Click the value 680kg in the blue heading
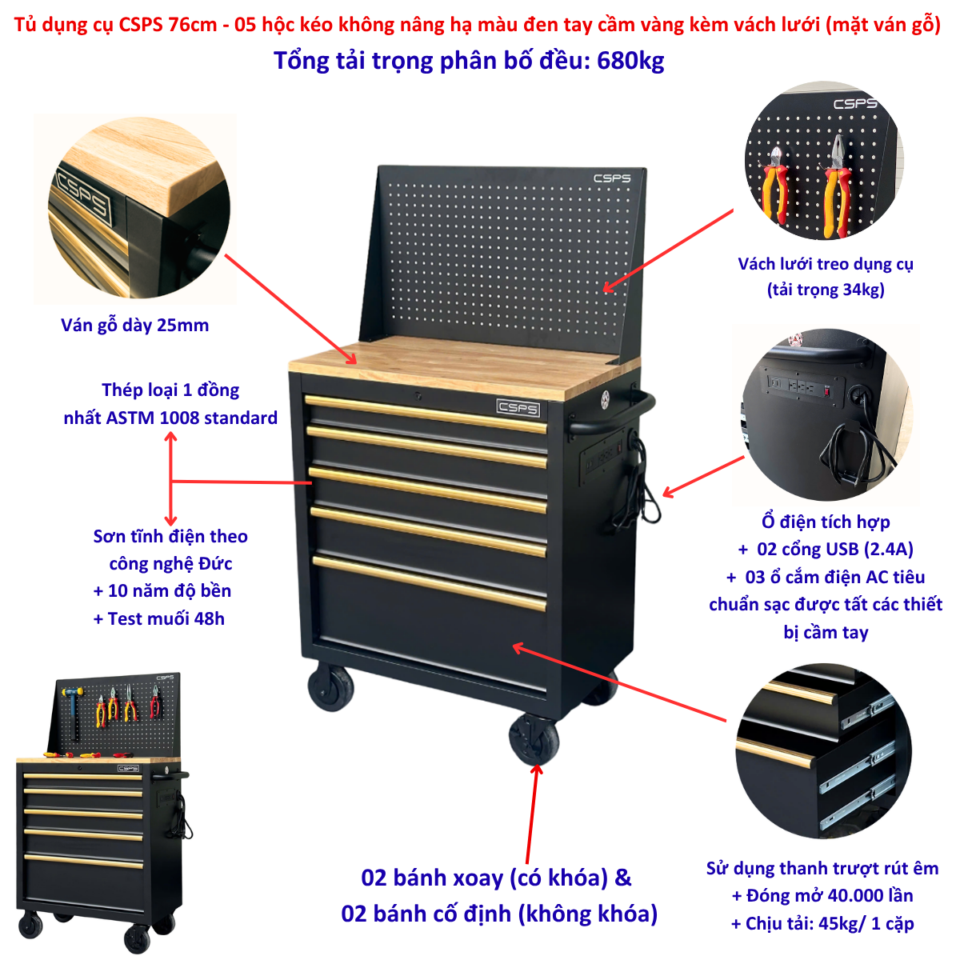tap(630, 62)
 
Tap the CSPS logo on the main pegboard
tap(612, 178)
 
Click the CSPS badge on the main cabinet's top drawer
tap(518, 408)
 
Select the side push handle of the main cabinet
tap(614, 414)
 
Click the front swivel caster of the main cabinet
tap(534, 739)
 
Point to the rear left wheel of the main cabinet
tap(330, 686)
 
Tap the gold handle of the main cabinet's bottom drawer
tap(429, 583)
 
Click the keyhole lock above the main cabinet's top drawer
tap(418, 396)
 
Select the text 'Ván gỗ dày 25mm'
tap(134, 326)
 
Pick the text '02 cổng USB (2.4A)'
tap(835, 549)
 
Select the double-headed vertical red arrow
tap(171, 478)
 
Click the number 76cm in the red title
tap(192, 25)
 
